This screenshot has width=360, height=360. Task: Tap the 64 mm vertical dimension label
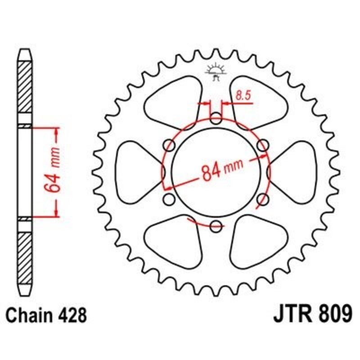coord(53,173)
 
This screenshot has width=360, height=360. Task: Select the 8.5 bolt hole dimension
coord(240,95)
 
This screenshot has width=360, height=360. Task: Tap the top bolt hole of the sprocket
coord(216,120)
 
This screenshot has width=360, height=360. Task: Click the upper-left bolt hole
coord(170,145)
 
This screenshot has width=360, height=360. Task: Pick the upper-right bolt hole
coord(262,145)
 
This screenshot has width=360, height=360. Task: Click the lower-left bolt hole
coord(170,198)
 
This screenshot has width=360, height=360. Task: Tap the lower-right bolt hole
coord(262,198)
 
